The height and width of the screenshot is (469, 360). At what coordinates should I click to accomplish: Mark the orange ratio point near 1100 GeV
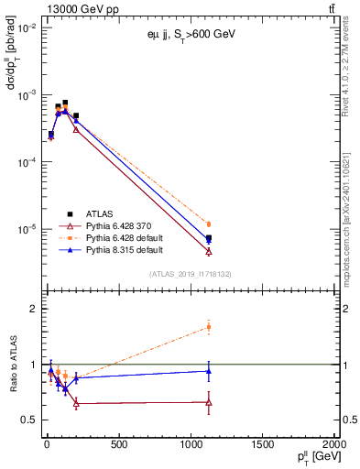[x=209, y=327]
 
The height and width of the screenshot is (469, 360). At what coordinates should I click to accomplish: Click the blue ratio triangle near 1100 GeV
[x=209, y=371]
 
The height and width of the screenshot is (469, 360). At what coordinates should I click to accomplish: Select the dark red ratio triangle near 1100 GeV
[x=209, y=402]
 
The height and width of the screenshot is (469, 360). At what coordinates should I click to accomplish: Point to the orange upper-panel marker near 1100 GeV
[x=209, y=224]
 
